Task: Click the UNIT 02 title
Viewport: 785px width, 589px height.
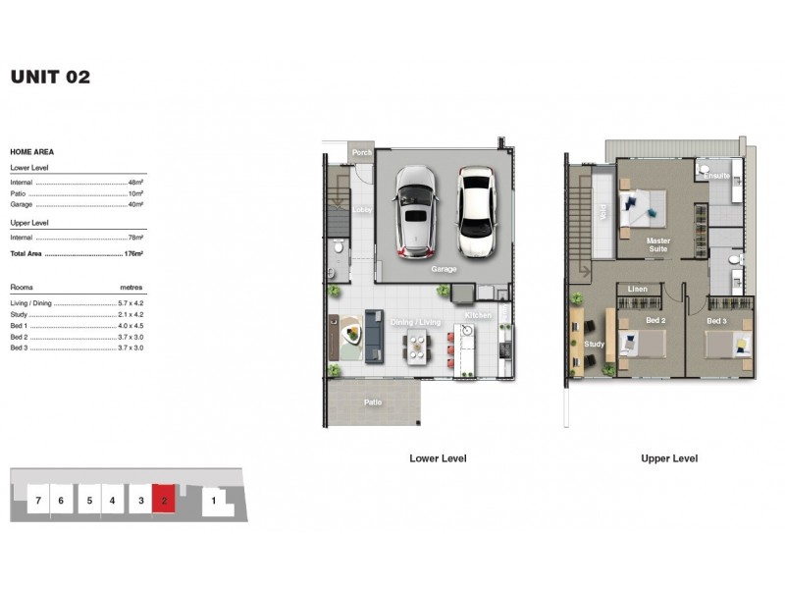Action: click(x=50, y=78)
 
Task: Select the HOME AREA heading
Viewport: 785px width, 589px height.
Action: click(x=31, y=152)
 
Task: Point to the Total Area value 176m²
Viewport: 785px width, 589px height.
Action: click(x=134, y=254)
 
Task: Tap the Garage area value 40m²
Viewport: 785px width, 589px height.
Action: click(x=135, y=205)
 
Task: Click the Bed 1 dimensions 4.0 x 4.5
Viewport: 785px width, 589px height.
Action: click(x=131, y=326)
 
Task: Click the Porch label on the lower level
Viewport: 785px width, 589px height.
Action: click(x=362, y=152)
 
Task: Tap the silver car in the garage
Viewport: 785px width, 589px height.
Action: click(x=415, y=208)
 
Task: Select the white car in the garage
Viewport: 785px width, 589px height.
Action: click(x=475, y=208)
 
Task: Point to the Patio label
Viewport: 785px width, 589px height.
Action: click(x=373, y=402)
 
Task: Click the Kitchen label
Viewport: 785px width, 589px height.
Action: click(x=478, y=315)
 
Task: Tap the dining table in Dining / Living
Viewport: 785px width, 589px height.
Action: click(x=417, y=348)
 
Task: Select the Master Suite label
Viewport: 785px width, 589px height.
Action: click(x=656, y=244)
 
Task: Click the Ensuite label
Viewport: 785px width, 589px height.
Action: click(x=717, y=176)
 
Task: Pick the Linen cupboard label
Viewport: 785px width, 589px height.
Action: click(x=638, y=290)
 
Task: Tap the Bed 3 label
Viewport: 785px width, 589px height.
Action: click(x=716, y=321)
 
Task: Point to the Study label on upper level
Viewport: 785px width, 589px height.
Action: click(x=594, y=345)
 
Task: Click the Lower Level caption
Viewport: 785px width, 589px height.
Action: click(x=438, y=458)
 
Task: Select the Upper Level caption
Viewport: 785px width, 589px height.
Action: click(x=669, y=458)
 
